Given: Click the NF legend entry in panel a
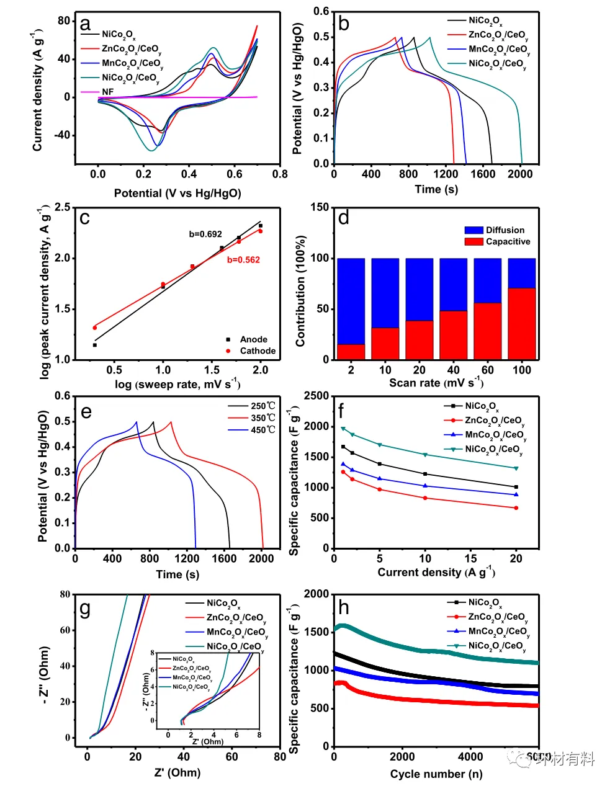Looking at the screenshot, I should coord(107,92).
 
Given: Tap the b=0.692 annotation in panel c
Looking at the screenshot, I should coord(205,234).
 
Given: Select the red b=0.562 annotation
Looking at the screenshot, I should coord(243,260).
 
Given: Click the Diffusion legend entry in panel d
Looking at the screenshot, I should coord(505,230).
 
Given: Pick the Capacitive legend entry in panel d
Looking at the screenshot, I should coord(508,241).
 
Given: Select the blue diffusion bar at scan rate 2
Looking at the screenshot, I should coord(351,301).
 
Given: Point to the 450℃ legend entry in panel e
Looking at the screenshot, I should coord(263,429).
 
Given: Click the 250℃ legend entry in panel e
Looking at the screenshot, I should coord(263,406).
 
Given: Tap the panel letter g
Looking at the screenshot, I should coord(85,609).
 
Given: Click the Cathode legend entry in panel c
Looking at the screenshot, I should coord(258,351).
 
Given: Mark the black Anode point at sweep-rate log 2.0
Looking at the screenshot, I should coord(261,226).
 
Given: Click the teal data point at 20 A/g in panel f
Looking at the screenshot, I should coord(516,468).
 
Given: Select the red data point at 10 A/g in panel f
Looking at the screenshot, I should coord(425,498).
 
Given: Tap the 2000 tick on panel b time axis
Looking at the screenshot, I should coord(520,174).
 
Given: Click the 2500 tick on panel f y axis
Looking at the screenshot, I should coord(317,396).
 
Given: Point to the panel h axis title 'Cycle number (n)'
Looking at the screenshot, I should coord(436,774).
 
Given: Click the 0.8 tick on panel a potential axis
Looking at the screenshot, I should coord(280,174).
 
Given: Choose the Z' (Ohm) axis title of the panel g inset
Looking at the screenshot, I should coord(207,741).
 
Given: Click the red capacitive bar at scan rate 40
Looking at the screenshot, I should coord(453,335).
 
